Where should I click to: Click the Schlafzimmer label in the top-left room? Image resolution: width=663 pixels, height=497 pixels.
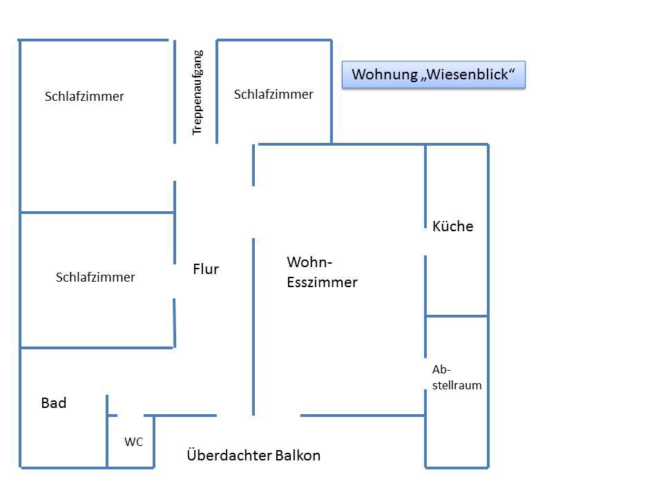click(x=84, y=97)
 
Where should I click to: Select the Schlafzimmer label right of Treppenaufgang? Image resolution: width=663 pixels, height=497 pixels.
click(x=273, y=94)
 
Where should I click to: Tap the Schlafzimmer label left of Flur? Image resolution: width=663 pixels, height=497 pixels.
click(x=95, y=277)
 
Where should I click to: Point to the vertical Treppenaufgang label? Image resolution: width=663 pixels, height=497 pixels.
click(x=198, y=92)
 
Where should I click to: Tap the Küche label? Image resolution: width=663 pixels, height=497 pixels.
click(x=453, y=226)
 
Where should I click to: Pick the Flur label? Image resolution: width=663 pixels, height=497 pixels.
click(x=206, y=269)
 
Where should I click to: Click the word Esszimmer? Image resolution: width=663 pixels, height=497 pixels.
click(x=322, y=282)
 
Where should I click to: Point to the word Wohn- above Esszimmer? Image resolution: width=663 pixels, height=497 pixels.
click(x=309, y=262)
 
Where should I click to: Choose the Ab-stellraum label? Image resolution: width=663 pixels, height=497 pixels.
click(x=457, y=378)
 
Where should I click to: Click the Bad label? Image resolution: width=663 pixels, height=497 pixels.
click(x=54, y=403)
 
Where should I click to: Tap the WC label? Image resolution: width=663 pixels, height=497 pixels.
click(x=133, y=442)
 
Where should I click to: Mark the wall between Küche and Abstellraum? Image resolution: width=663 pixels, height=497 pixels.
click(x=457, y=316)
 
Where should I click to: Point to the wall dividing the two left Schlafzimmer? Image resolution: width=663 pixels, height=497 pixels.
click(x=97, y=213)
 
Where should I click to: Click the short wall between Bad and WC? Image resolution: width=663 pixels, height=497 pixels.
click(x=107, y=431)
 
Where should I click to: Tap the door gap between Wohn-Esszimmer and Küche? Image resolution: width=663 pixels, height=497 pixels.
click(x=425, y=242)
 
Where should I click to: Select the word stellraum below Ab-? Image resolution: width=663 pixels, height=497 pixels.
click(x=457, y=386)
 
